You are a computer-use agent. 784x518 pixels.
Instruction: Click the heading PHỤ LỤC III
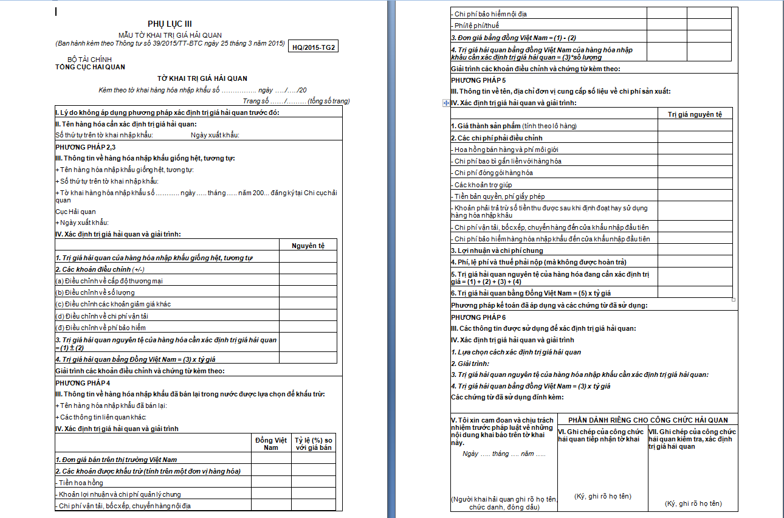(x=170, y=24)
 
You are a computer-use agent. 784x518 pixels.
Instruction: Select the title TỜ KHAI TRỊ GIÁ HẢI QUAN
(x=202, y=78)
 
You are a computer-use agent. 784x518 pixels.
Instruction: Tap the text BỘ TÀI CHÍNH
(x=89, y=60)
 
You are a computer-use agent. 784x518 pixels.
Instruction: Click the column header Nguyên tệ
(x=308, y=245)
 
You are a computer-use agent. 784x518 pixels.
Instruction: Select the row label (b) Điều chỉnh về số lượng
(x=96, y=292)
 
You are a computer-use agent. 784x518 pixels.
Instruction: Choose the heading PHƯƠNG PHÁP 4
(x=83, y=382)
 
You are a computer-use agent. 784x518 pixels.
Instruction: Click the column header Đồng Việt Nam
(x=271, y=444)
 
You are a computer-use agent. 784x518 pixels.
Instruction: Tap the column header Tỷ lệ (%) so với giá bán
(x=313, y=444)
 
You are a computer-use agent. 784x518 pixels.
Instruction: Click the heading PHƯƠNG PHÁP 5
(x=478, y=80)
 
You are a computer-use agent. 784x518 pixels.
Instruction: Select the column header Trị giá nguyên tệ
(x=695, y=114)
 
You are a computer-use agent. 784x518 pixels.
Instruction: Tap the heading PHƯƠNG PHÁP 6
(x=478, y=317)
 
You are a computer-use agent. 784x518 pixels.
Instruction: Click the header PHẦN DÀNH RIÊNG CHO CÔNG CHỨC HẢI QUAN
(x=648, y=420)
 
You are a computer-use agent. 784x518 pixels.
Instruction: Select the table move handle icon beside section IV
(x=447, y=103)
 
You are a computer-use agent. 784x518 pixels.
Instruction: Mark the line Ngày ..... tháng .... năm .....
(x=504, y=454)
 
